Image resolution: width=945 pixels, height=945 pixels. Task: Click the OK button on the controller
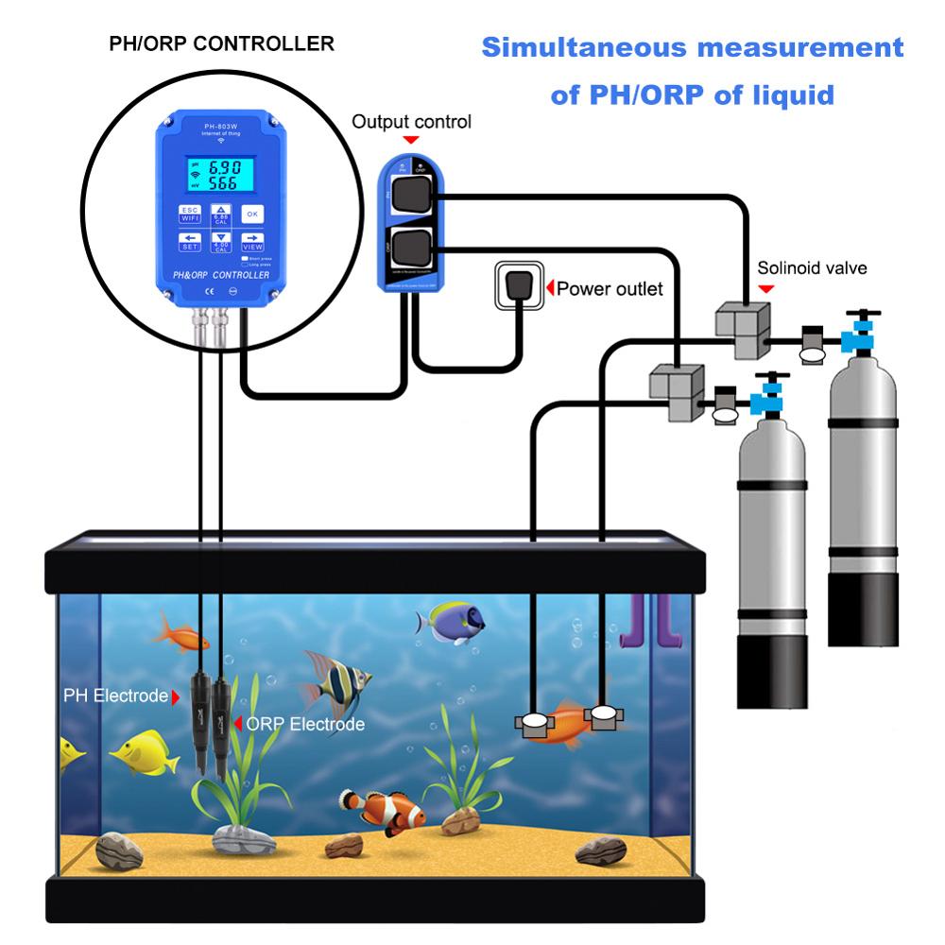pyautogui.click(x=251, y=214)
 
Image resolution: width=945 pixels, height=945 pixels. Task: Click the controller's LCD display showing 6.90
pyautogui.click(x=222, y=175)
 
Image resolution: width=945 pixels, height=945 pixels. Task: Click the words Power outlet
pyautogui.click(x=610, y=288)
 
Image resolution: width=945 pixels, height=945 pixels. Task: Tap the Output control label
pyautogui.click(x=411, y=122)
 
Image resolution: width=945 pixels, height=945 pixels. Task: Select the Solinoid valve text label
pyautogui.click(x=812, y=268)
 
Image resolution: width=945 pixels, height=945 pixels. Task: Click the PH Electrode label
pyautogui.click(x=115, y=696)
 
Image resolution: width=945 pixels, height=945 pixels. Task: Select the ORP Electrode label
pyautogui.click(x=304, y=725)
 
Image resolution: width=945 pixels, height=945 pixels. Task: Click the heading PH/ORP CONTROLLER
pyautogui.click(x=221, y=43)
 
